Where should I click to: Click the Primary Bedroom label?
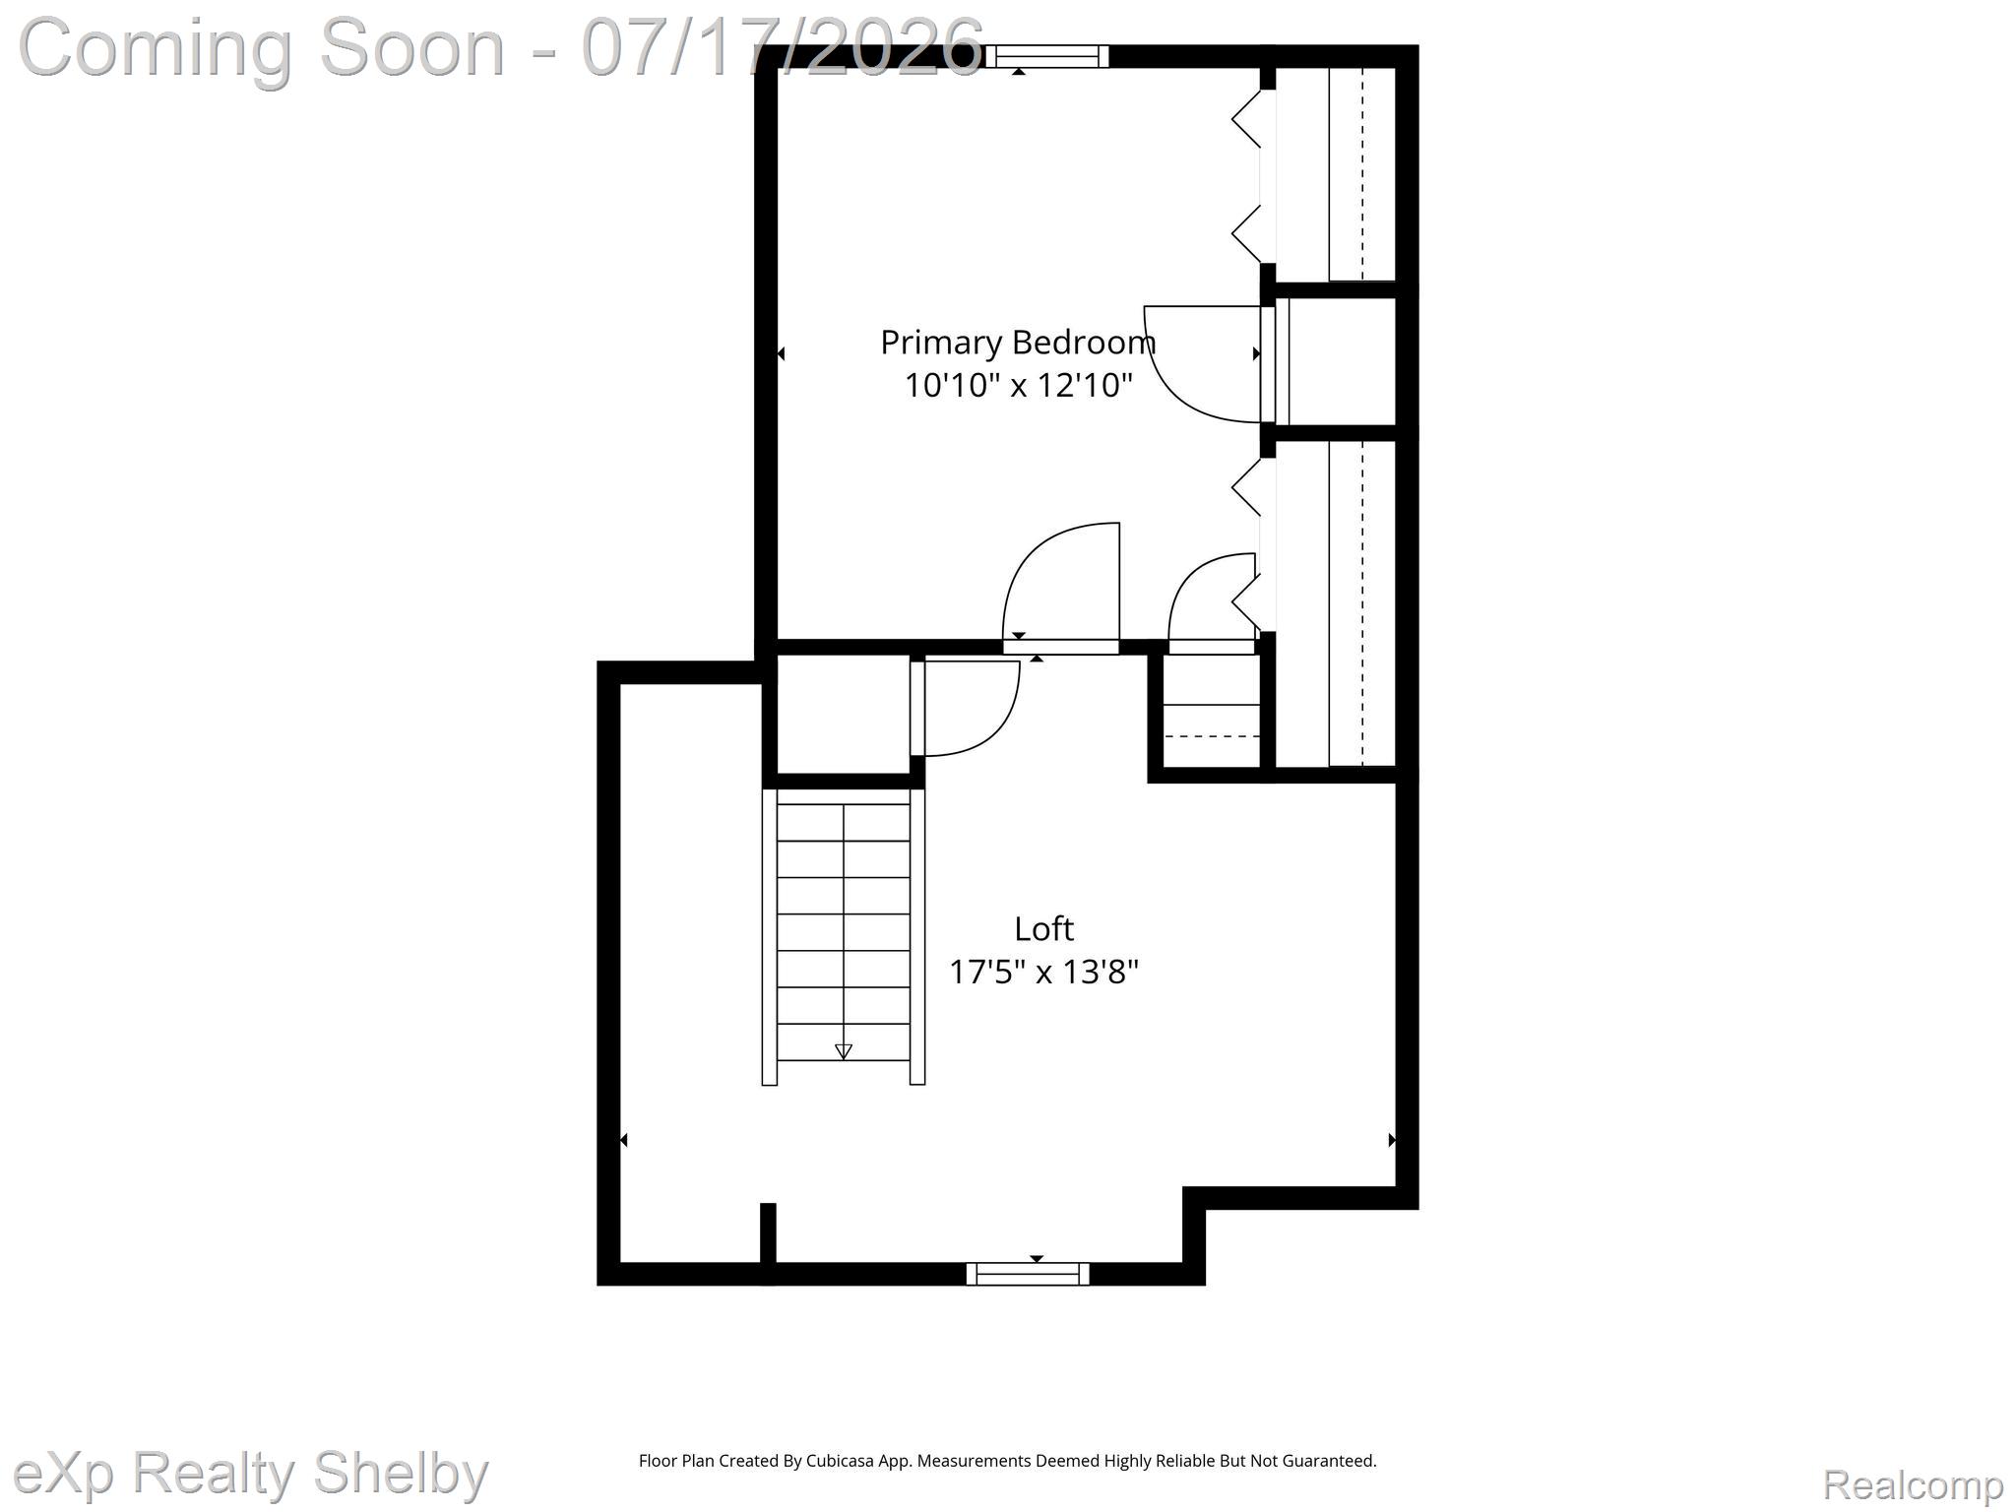[1018, 343]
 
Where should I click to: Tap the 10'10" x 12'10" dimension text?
[1018, 385]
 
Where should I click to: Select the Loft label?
[1043, 928]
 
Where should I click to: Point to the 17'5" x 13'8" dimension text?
[1043, 972]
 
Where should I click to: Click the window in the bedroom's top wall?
[1047, 57]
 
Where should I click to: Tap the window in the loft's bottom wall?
[1028, 1274]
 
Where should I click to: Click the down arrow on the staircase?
[844, 1051]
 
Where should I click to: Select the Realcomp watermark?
[1913, 1484]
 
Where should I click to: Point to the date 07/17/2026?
[783, 46]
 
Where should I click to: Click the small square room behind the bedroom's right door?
[1342, 361]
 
